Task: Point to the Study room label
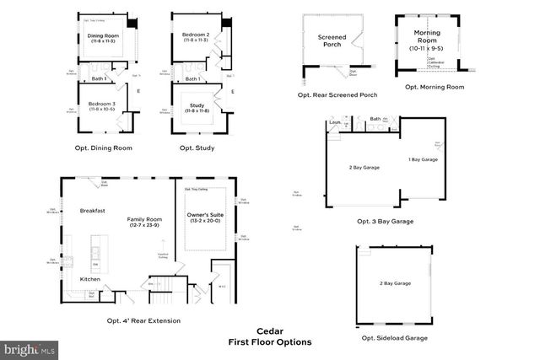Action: click(x=197, y=106)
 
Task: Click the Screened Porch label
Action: click(x=332, y=42)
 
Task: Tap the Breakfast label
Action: click(x=92, y=210)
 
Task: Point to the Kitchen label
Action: click(x=91, y=279)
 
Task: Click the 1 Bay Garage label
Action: click(x=422, y=159)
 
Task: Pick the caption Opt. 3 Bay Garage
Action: click(x=386, y=222)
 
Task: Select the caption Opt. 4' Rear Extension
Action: click(x=143, y=320)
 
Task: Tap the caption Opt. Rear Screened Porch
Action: click(x=337, y=95)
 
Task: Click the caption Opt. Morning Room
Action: click(x=435, y=87)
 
